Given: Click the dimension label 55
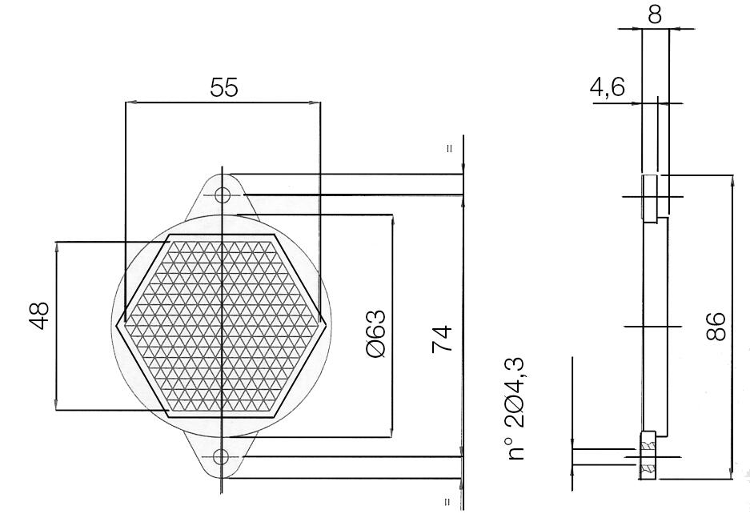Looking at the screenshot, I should click(x=224, y=88).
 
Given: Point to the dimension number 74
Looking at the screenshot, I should click(x=442, y=339).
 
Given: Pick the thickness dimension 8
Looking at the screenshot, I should click(x=656, y=14).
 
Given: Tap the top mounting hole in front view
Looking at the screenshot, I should click(x=222, y=195).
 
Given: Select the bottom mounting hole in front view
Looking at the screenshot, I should click(x=222, y=457).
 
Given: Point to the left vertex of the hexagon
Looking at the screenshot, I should click(x=118, y=325).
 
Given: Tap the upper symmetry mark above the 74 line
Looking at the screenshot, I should click(x=449, y=148).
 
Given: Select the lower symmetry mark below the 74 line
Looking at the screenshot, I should click(x=449, y=502).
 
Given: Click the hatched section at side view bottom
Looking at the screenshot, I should click(x=648, y=456).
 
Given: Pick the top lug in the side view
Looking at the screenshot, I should click(x=650, y=197).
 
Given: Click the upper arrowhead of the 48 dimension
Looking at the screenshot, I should click(x=58, y=248).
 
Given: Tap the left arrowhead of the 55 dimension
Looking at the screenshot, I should click(x=131, y=102).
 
